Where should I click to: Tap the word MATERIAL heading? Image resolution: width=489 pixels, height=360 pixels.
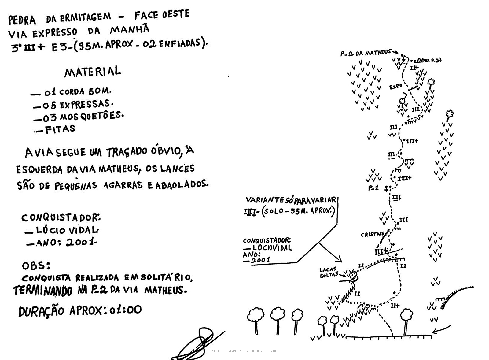coord(93,72)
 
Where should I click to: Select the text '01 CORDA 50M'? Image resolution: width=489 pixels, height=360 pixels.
coord(78,91)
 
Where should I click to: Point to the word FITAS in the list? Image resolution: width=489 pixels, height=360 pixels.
coord(60,129)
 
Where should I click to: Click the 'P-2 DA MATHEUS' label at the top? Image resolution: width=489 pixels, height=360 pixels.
coord(366,53)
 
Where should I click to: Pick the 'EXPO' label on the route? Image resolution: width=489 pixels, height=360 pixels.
coord(396,87)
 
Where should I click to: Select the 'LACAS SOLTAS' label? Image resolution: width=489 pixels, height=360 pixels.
coord(328,273)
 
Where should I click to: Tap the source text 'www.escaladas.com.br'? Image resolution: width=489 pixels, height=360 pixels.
coord(252,351)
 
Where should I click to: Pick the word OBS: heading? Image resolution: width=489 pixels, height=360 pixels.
coord(36,265)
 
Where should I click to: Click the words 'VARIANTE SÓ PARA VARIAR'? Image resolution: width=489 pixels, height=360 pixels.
coord(291,200)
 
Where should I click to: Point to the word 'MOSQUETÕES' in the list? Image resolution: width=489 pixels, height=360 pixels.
coord(92,116)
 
